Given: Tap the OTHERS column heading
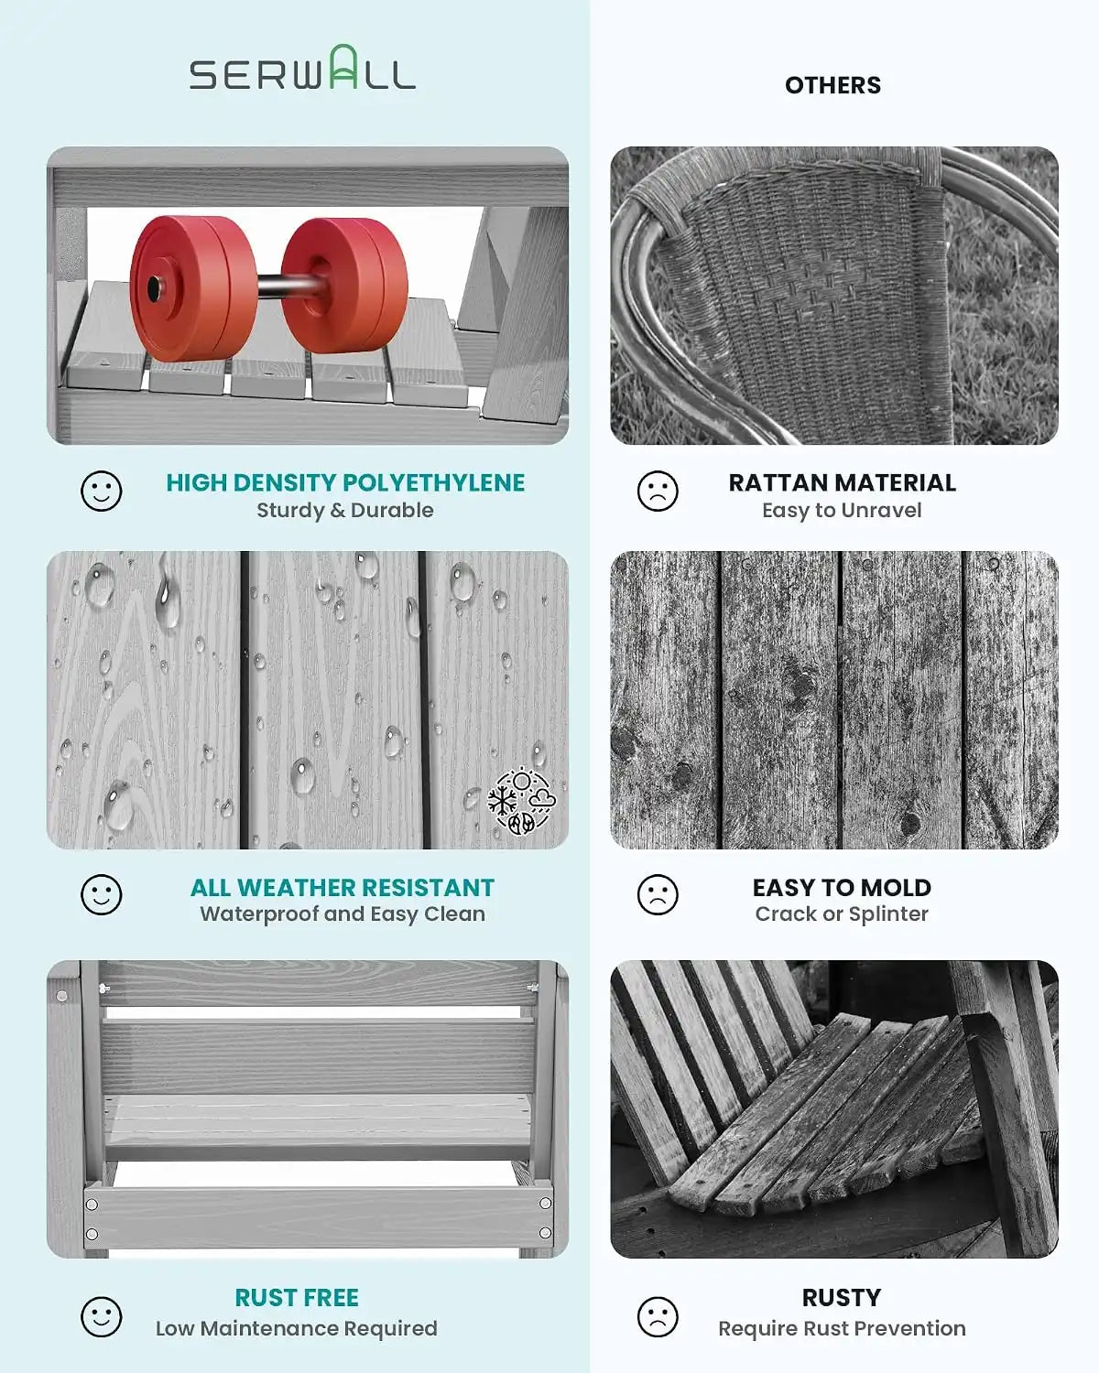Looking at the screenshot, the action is point(832,85).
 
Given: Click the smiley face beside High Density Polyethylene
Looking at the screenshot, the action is point(101,492).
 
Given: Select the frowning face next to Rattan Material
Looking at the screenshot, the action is point(657,492).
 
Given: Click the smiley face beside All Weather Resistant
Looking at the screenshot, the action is point(101,894).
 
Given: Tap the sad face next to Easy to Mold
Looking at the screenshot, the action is point(657,894).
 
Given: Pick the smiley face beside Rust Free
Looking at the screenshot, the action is point(101,1317).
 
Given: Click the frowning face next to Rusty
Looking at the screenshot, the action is point(657,1317).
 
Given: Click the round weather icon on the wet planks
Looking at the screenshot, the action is point(521,801).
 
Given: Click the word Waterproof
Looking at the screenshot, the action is point(259,914).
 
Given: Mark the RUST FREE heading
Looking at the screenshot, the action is point(297,1298).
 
